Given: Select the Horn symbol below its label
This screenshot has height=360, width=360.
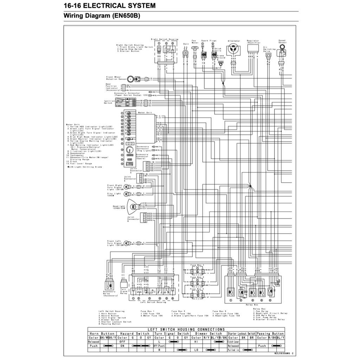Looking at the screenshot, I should [x=186, y=53].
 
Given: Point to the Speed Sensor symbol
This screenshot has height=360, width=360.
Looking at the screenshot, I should [x=282, y=52].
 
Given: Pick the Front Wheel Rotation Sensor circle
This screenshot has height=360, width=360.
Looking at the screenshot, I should [x=130, y=78].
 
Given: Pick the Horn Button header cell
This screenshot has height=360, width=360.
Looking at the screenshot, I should [x=102, y=333].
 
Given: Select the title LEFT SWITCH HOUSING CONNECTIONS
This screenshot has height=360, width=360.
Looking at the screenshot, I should [x=186, y=329].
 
